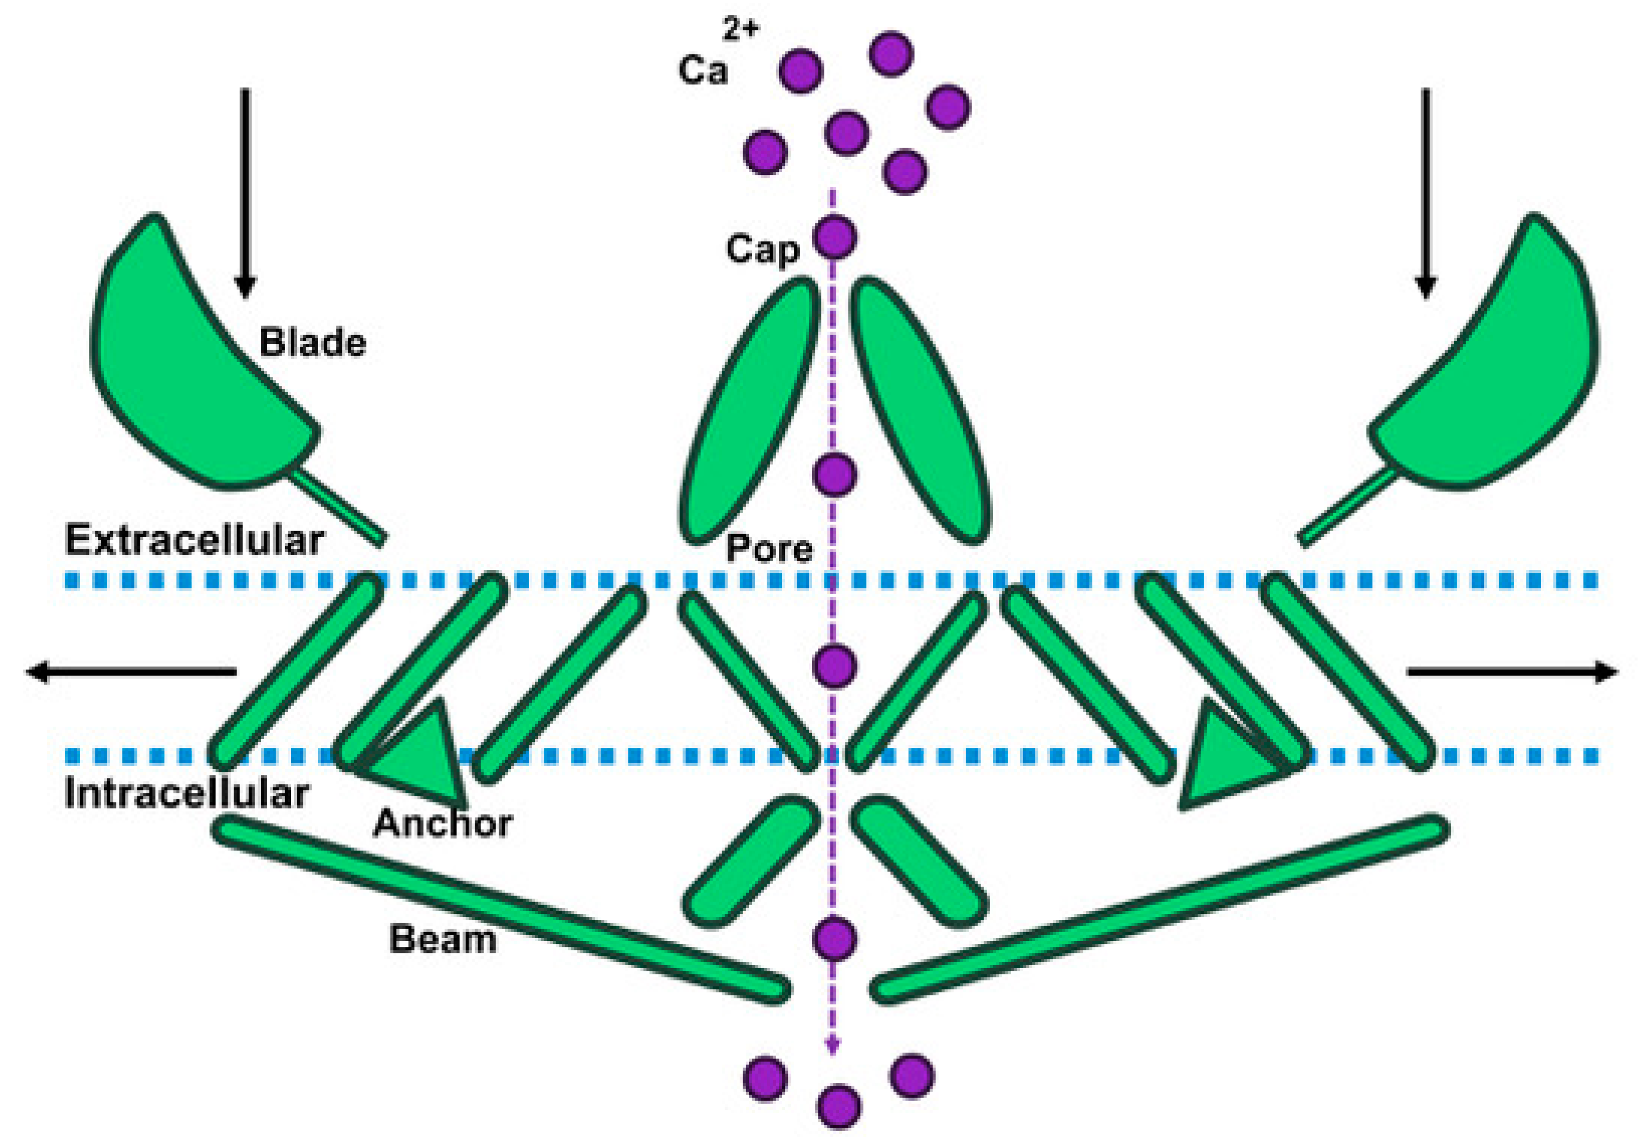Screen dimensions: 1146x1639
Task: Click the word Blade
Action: (x=312, y=343)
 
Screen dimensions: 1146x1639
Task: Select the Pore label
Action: (x=769, y=548)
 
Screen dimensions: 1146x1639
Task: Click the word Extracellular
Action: (x=194, y=540)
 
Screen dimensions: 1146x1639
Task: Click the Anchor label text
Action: (x=443, y=823)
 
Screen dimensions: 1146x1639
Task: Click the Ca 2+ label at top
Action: (x=714, y=61)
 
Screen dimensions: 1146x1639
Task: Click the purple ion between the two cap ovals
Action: (x=834, y=474)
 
